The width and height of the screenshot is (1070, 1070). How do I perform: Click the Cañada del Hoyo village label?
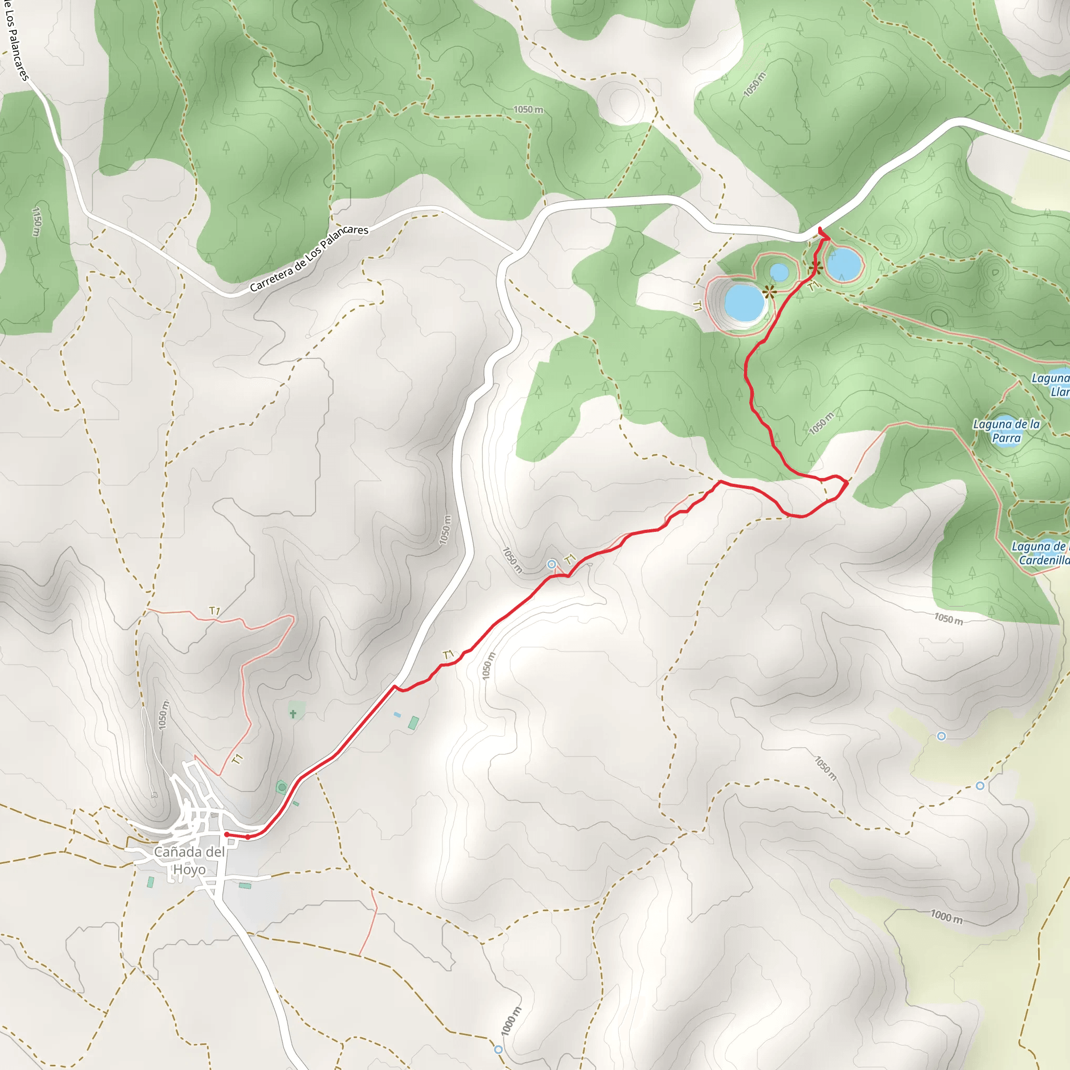pyautogui.click(x=190, y=860)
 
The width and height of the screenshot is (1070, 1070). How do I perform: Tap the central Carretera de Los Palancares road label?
pyautogui.click(x=308, y=258)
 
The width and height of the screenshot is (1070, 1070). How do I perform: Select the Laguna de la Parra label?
pyautogui.click(x=1006, y=431)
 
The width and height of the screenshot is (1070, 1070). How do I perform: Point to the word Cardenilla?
pyautogui.click(x=1044, y=560)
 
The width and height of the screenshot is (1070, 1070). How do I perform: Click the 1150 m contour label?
pyautogui.click(x=37, y=221)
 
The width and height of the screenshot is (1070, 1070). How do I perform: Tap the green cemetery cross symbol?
pyautogui.click(x=293, y=714)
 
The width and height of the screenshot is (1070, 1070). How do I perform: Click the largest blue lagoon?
pyautogui.click(x=744, y=302)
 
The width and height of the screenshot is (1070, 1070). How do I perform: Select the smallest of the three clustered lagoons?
pyautogui.click(x=779, y=272)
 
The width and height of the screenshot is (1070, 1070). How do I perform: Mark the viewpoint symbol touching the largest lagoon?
pyautogui.click(x=769, y=292)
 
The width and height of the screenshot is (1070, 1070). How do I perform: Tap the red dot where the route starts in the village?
pyautogui.click(x=227, y=834)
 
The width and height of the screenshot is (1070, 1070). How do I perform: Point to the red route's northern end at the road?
pyautogui.click(x=820, y=229)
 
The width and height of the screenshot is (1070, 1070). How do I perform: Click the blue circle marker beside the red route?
pyautogui.click(x=551, y=564)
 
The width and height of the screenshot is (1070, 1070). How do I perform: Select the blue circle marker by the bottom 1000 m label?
pyautogui.click(x=498, y=1049)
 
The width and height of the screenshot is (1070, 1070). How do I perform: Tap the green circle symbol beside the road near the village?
pyautogui.click(x=282, y=787)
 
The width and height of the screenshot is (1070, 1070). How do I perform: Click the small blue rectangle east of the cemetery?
pyautogui.click(x=397, y=714)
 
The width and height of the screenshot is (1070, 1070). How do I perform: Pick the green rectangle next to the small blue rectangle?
pyautogui.click(x=413, y=722)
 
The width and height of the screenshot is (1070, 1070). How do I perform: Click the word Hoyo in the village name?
pyautogui.click(x=190, y=869)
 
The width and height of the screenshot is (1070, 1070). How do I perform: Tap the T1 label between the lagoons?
pyautogui.click(x=812, y=286)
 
